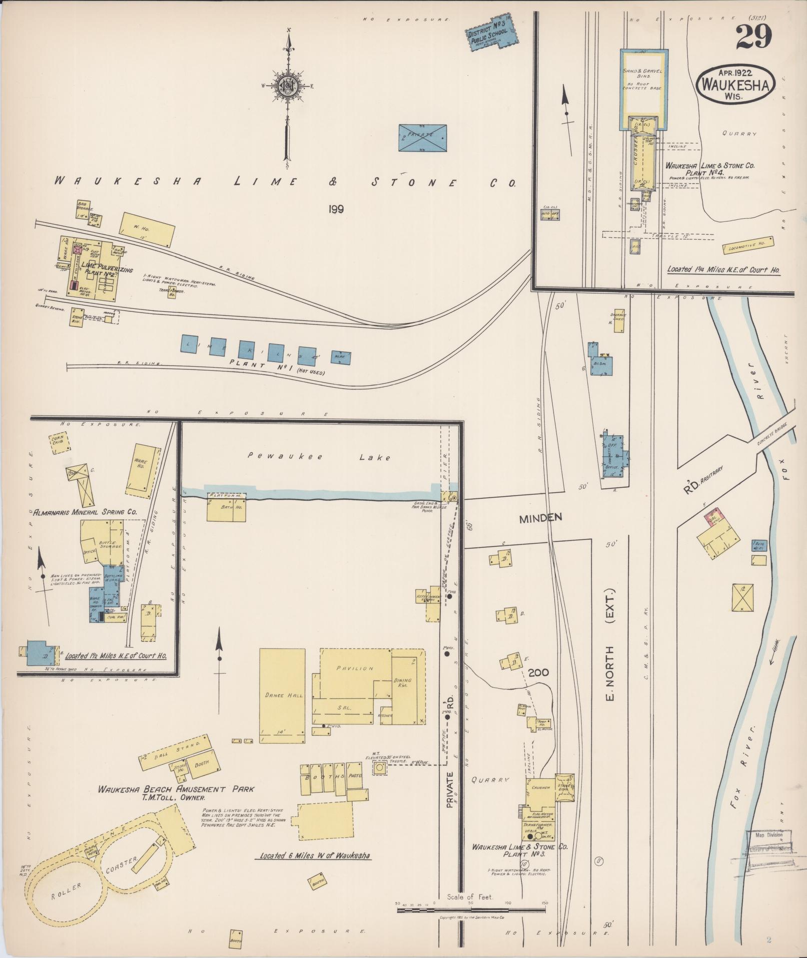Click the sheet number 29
(754, 37)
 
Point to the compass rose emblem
(288, 86)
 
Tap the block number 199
(336, 209)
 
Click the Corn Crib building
(60, 443)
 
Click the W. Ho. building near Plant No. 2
(148, 229)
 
